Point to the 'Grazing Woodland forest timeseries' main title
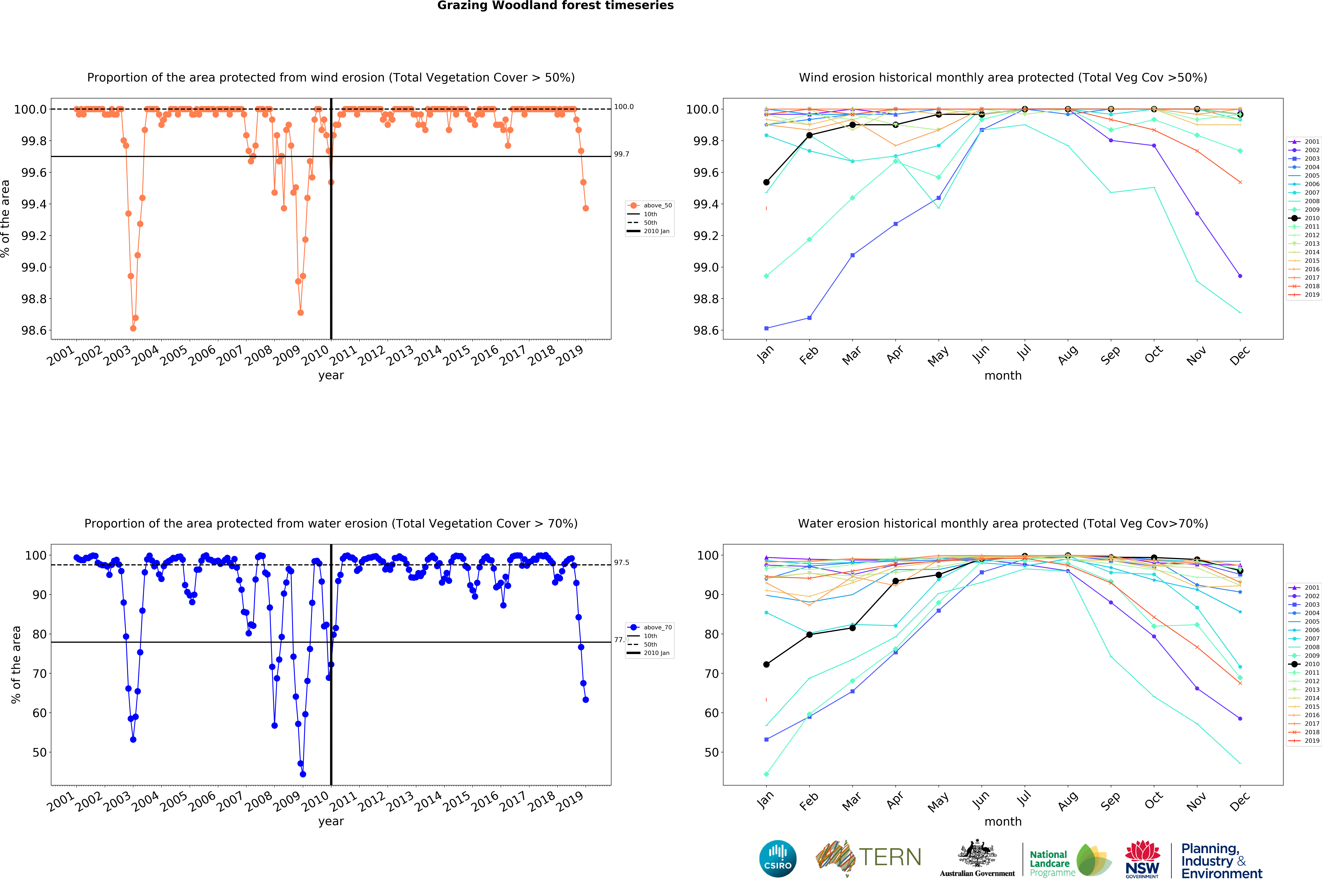point(555,6)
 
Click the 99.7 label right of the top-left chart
point(621,154)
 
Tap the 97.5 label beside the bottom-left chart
point(621,562)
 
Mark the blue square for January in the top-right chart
point(766,328)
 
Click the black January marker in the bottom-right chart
point(766,664)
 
